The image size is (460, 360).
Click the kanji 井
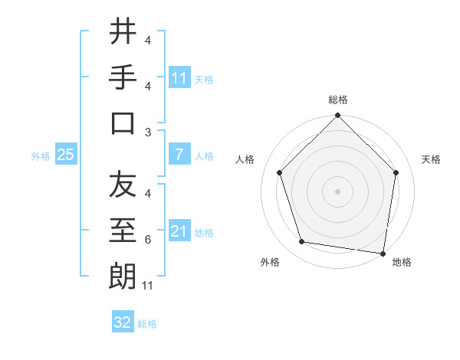coord(123,31)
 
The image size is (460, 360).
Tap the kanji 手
coord(123,77)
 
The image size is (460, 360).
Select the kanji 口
coord(123,123)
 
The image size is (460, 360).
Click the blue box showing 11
coord(179,77)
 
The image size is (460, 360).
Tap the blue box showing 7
coord(179,155)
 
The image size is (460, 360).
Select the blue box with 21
coord(179,231)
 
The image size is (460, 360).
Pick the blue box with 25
coord(66,155)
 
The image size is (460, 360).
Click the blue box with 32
coord(123,322)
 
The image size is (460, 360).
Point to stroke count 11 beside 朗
coord(148,286)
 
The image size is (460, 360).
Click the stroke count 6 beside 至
coord(147,240)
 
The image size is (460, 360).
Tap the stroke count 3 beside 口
coord(147,132)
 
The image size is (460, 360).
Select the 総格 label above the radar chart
coord(338,100)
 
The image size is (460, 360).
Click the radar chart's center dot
coord(338,191)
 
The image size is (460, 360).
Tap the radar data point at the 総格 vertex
coord(338,117)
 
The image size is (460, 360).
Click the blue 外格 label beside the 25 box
coord(41,155)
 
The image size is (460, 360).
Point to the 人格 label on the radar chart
coord(246,159)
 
